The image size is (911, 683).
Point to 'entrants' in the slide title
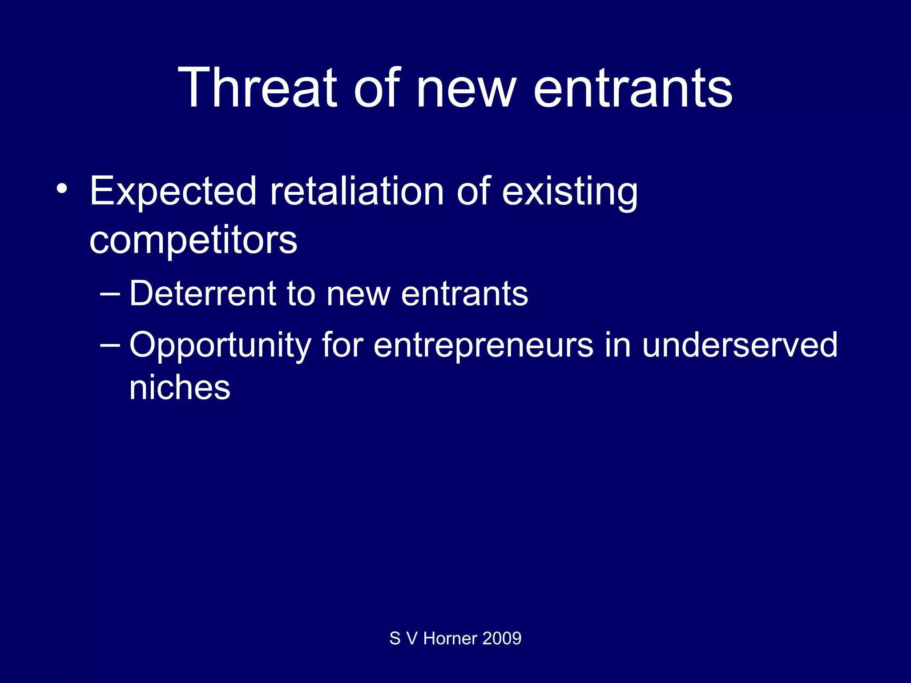pyautogui.click(x=632, y=87)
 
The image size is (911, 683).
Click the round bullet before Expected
pyautogui.click(x=62, y=189)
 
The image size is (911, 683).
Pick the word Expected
pyautogui.click(x=173, y=192)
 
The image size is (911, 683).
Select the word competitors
pyautogui.click(x=193, y=241)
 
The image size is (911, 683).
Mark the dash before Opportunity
pyautogui.click(x=110, y=345)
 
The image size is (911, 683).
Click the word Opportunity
pyautogui.click(x=220, y=346)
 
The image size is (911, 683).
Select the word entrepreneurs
pyautogui.click(x=483, y=346)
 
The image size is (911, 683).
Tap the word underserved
pyautogui.click(x=740, y=346)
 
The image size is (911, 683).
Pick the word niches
pyautogui.click(x=180, y=387)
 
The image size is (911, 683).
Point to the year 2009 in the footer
pyautogui.click(x=502, y=639)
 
